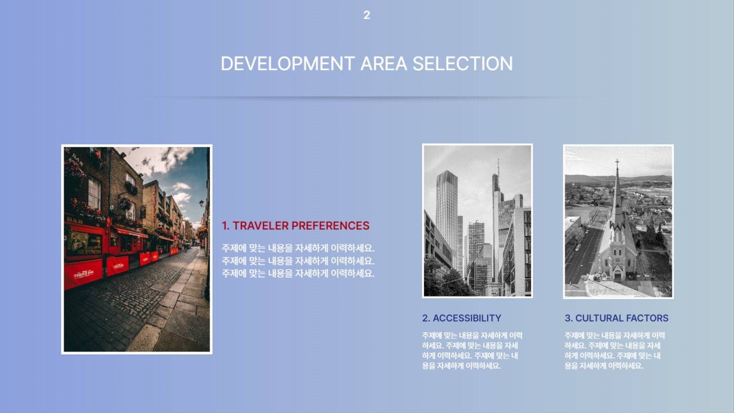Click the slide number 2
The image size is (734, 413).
[x=367, y=15]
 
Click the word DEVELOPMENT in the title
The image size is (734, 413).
[x=288, y=64]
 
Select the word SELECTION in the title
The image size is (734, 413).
[x=463, y=64]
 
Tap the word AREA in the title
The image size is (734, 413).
[x=384, y=64]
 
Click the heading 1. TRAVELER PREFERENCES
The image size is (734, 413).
[x=295, y=226]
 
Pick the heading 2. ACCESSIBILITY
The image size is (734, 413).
[x=462, y=318]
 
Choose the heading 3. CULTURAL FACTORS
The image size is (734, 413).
[x=617, y=318]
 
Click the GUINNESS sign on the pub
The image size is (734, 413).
[x=89, y=252]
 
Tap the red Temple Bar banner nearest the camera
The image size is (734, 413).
[x=83, y=274]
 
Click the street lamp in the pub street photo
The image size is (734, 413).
[x=201, y=204]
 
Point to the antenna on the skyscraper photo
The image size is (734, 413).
[x=498, y=167]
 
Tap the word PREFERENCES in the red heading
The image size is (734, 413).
[x=330, y=226]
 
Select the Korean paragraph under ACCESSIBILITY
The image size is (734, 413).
[x=472, y=351]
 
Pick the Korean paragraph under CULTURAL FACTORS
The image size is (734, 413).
[x=615, y=351]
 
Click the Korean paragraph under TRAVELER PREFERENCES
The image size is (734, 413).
[x=298, y=261]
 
